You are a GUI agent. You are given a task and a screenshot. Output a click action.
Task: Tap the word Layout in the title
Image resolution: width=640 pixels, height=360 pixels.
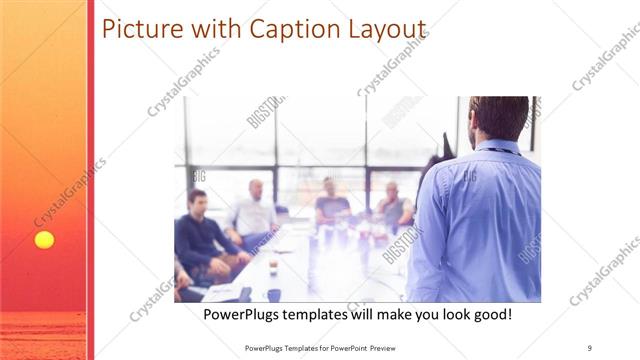tap(379, 29)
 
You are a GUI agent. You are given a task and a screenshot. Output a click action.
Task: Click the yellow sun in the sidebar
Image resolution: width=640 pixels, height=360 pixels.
tap(44, 240)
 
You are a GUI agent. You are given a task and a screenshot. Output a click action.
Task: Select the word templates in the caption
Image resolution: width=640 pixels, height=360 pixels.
tap(326, 314)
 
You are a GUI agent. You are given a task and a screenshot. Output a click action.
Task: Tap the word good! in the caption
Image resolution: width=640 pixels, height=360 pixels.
tap(490, 314)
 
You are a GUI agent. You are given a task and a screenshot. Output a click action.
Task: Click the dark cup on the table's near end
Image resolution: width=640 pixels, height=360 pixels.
tap(273, 294)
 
